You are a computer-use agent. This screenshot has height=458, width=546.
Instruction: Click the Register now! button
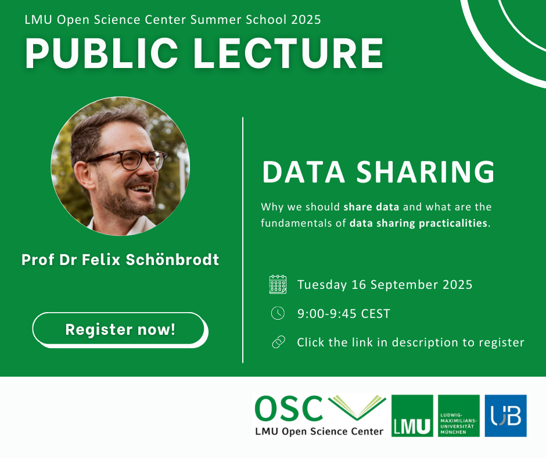(x=120, y=330)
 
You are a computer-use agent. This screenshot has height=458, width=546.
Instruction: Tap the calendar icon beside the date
(x=278, y=284)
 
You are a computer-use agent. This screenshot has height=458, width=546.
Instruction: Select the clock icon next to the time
(x=278, y=313)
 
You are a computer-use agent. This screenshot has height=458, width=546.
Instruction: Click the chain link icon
(x=278, y=342)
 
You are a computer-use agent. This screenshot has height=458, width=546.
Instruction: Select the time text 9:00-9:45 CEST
(x=343, y=314)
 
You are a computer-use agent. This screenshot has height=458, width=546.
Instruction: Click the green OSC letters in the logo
(x=289, y=410)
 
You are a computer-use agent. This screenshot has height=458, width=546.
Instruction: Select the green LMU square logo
(x=412, y=416)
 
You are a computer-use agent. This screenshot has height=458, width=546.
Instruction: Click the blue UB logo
(x=505, y=416)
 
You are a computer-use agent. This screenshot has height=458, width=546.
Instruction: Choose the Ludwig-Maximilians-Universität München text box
(x=459, y=416)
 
